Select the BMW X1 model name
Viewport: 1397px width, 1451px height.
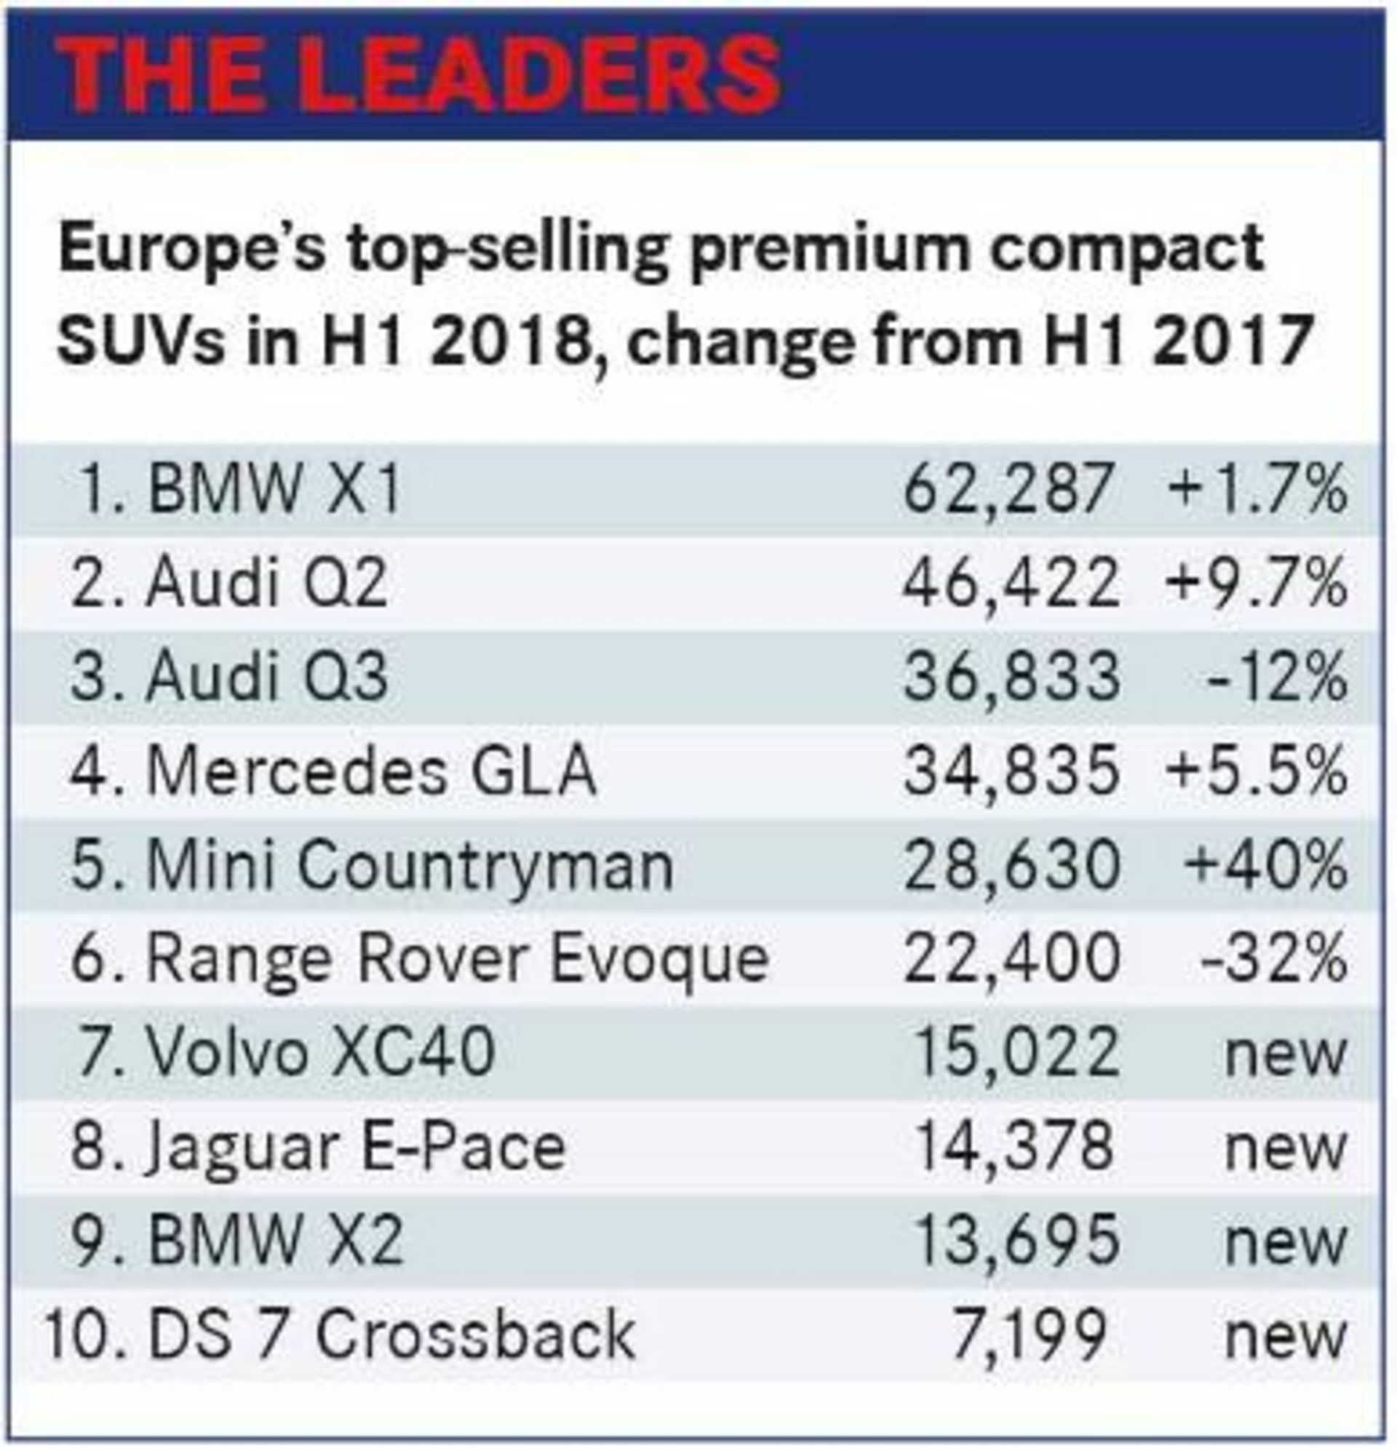(x=274, y=490)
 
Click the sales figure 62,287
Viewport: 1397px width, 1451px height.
(x=1008, y=490)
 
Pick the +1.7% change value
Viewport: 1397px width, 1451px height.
(x=1257, y=490)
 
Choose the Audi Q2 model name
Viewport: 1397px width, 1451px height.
(x=266, y=584)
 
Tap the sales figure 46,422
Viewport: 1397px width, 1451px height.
(x=1011, y=584)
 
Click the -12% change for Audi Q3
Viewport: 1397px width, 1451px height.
(x=1275, y=678)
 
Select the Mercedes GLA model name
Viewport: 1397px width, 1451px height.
(x=371, y=772)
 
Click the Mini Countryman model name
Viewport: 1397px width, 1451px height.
(x=410, y=865)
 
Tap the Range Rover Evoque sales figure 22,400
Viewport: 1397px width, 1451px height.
(x=1011, y=959)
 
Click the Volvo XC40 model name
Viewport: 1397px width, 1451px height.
(x=321, y=1053)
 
